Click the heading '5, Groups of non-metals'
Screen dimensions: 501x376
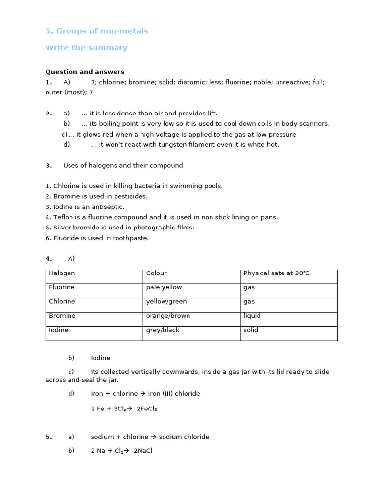click(96, 31)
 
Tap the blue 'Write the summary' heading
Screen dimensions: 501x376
click(86, 48)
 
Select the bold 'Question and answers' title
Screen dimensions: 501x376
click(85, 72)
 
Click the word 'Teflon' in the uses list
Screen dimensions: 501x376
click(63, 217)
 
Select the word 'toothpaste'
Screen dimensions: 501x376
click(132, 238)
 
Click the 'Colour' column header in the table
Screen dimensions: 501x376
click(156, 273)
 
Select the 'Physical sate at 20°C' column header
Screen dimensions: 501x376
click(276, 273)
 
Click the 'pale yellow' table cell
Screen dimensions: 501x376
click(164, 287)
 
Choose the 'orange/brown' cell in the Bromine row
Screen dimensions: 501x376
click(168, 316)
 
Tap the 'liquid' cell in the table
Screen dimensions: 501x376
click(252, 316)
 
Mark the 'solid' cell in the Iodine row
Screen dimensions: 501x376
click(250, 330)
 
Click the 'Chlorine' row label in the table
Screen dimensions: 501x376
click(62, 301)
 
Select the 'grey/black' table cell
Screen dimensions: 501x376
click(163, 330)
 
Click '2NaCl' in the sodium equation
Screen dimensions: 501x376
click(143, 451)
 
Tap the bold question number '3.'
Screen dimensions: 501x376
click(48, 166)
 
